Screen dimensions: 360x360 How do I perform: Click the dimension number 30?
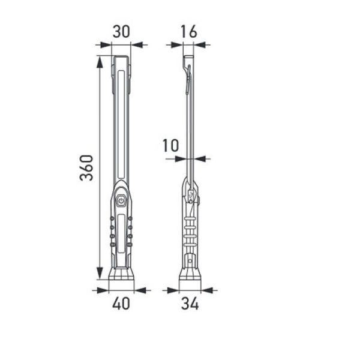pos(121,32)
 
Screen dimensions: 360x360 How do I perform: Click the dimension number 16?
pos(188,32)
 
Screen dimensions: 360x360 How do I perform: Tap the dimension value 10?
pos(170,146)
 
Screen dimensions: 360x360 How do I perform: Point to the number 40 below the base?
pos(121,303)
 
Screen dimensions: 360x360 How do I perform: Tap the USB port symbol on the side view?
pos(190,195)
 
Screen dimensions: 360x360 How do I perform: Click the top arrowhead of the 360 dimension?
pos(100,60)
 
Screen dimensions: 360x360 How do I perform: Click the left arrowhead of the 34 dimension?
pos(175,290)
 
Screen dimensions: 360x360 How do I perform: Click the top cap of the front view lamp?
pos(121,59)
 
